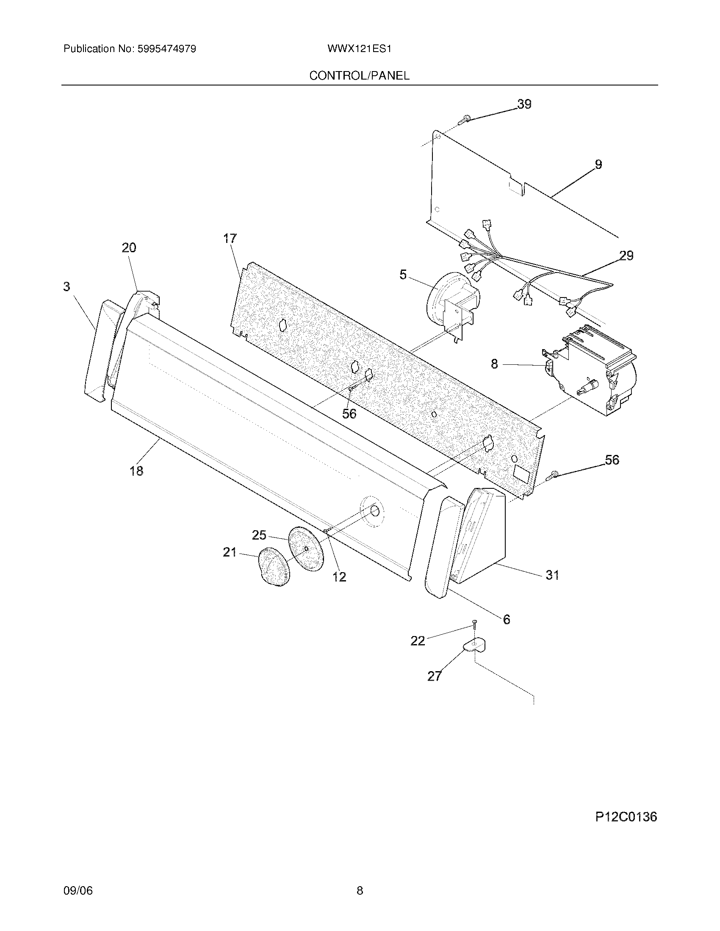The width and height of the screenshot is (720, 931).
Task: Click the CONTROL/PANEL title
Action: coord(359,75)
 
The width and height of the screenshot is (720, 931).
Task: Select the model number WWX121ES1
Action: coord(359,49)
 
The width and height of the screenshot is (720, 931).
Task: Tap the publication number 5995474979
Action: coord(166,49)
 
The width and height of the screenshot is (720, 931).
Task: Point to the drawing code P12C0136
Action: coord(626,817)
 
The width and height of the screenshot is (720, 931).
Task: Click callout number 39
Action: coord(524,104)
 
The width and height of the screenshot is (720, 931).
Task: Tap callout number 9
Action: coord(598,164)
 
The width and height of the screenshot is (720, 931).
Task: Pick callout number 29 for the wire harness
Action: coord(626,255)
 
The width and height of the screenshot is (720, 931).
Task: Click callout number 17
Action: coord(230,239)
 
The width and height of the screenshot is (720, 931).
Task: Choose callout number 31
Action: coord(552,575)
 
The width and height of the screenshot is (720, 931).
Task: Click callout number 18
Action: coord(136,471)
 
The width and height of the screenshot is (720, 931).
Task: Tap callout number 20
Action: coord(129,248)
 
